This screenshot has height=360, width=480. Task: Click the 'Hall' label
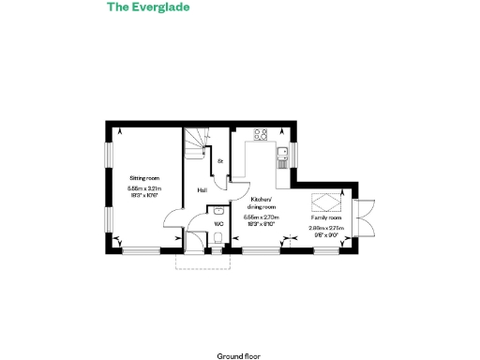[202, 191]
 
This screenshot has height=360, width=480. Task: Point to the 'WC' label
[217, 224]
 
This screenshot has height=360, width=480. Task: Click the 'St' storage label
[220, 162]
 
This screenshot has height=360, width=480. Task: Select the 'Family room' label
[326, 217]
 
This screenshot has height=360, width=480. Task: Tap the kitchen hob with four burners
[262, 134]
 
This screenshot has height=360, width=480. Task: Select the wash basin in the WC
[217, 211]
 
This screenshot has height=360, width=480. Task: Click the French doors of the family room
[366, 217]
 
